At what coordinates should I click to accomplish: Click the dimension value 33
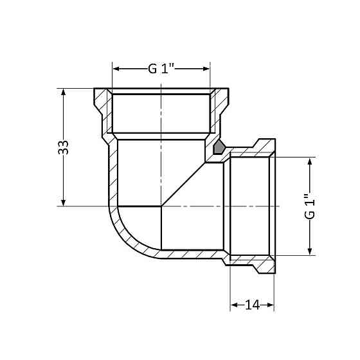coord(62,147)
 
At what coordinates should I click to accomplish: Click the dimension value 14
coord(252,305)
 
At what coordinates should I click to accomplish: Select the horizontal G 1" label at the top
coord(161,68)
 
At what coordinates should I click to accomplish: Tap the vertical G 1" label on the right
coord(310,206)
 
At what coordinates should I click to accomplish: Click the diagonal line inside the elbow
coord(186,180)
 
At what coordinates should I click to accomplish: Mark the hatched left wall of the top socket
coord(103,109)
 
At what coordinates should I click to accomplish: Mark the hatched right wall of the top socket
coord(219,109)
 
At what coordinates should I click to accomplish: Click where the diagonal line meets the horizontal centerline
coord(161,206)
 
